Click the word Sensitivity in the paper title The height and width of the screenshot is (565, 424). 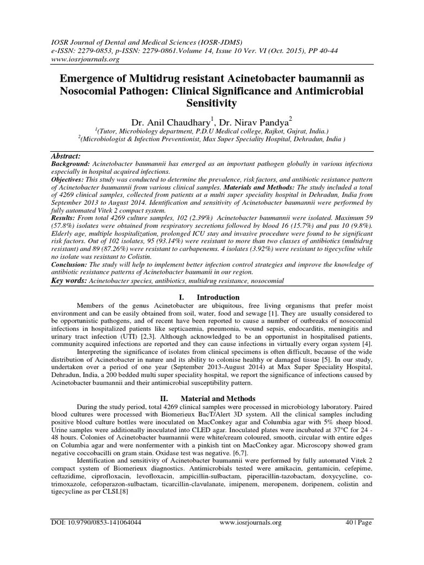pos(211,103)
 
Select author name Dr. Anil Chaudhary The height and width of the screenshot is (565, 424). pos(166,121)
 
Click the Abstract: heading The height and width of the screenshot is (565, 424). pos(66,156)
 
